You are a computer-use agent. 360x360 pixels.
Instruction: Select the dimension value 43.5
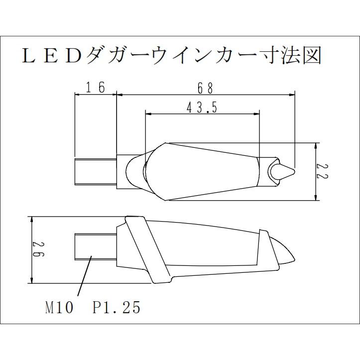tap(202, 108)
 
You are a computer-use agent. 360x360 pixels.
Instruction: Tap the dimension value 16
tap(95, 88)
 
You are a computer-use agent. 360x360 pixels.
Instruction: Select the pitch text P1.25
tap(117, 308)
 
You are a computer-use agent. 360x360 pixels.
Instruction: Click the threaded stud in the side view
tap(95, 247)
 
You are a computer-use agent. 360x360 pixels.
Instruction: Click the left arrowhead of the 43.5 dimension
tap(147, 114)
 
